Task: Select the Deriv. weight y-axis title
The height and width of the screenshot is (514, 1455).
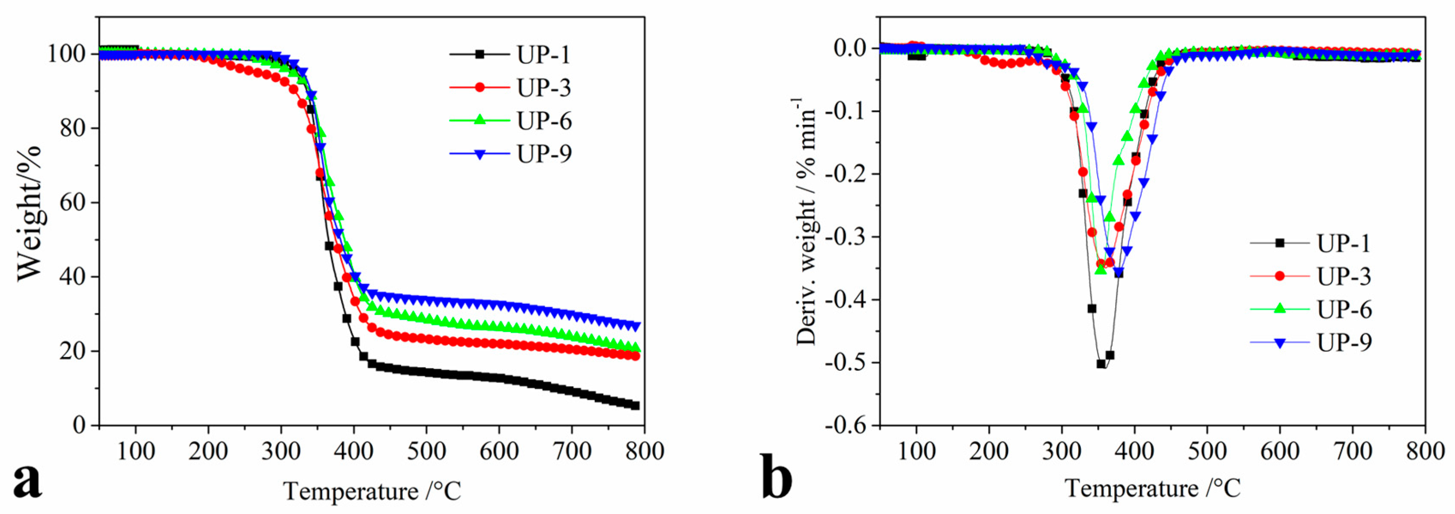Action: pyautogui.click(x=806, y=221)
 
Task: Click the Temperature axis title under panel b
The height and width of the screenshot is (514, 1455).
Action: pyautogui.click(x=1152, y=488)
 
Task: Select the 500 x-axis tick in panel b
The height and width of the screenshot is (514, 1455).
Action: pyautogui.click(x=1207, y=451)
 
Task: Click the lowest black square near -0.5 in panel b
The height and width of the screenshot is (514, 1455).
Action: pyautogui.click(x=1101, y=363)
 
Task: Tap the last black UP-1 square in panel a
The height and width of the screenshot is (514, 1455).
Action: pyautogui.click(x=635, y=405)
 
